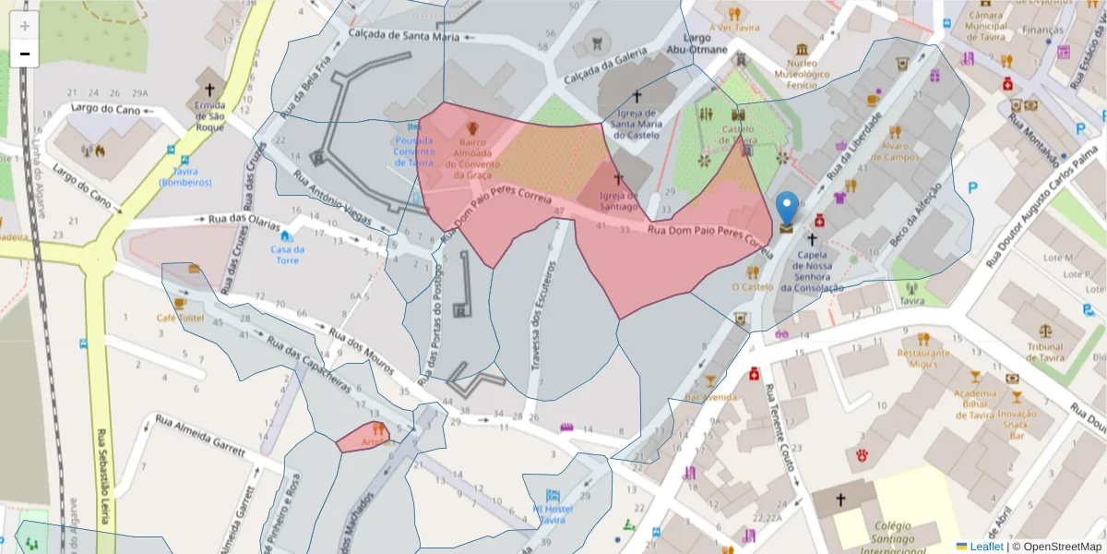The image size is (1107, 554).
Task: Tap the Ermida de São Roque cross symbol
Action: click(210, 90)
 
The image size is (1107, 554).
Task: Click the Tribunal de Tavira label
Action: click(1044, 352)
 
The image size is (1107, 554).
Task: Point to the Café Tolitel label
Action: click(180, 317)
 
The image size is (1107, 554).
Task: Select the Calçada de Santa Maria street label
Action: click(404, 36)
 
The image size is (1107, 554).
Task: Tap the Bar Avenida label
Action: click(711, 397)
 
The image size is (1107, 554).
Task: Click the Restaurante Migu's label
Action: click(923, 358)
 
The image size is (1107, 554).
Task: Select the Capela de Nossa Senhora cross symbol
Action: click(812, 239)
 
